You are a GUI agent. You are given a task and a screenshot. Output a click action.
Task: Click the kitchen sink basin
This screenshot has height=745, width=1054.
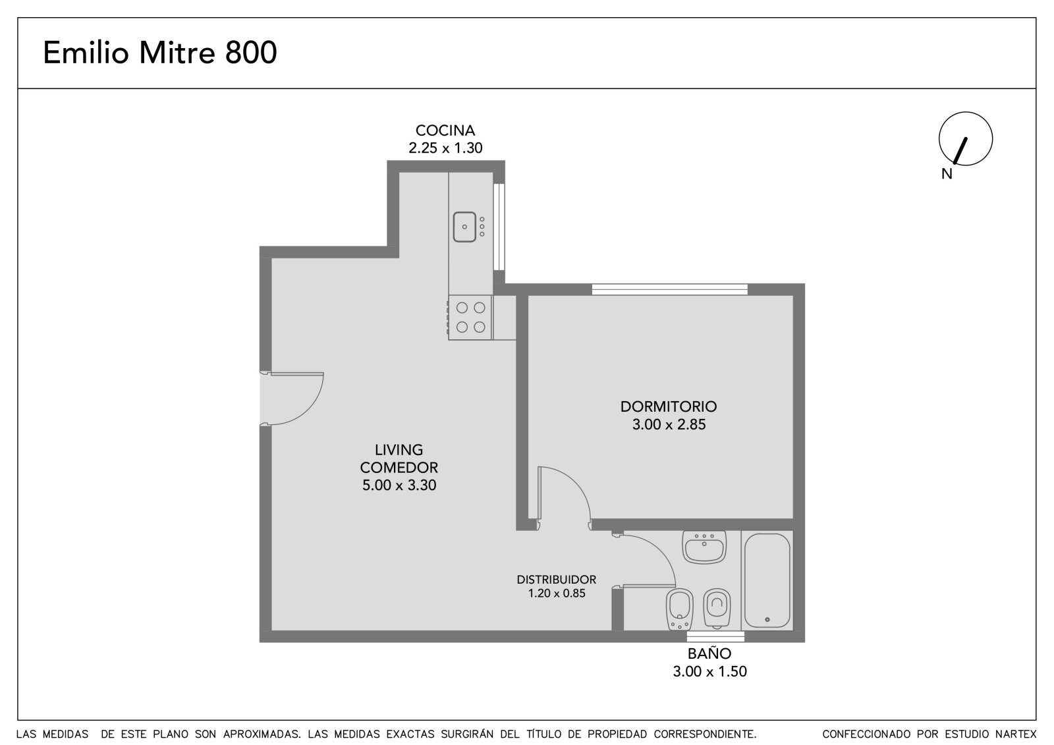pos(464,227)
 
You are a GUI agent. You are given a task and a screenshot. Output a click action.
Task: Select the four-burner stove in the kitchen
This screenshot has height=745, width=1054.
pos(470,317)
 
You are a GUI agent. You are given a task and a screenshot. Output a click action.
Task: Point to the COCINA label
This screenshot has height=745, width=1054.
pos(445,130)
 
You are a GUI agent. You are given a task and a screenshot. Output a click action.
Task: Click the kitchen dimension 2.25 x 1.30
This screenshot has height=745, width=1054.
pos(445,148)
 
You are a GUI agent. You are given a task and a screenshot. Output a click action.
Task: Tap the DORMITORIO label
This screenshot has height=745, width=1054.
pos(668,406)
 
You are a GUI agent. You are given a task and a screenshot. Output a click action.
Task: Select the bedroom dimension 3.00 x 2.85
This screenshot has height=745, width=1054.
pos(669,424)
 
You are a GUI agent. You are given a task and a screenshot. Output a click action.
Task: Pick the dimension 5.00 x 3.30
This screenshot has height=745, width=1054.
pos(399,485)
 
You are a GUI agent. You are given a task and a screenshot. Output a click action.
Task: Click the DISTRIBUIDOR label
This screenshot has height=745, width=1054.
pos(556,580)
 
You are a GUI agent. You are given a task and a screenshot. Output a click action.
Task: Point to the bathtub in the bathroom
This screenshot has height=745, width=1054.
pos(767,580)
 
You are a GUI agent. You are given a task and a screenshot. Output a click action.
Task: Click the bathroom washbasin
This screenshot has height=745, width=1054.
pos(704,547)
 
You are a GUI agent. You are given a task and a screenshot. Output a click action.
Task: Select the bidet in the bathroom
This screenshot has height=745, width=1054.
pos(679,609)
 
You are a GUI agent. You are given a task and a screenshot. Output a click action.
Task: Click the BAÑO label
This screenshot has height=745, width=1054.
pos(709,653)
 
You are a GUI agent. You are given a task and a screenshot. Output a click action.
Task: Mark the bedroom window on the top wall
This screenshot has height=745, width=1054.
pos(669,289)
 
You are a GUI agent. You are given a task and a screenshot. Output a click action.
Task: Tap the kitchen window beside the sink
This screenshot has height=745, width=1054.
pos(499,227)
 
